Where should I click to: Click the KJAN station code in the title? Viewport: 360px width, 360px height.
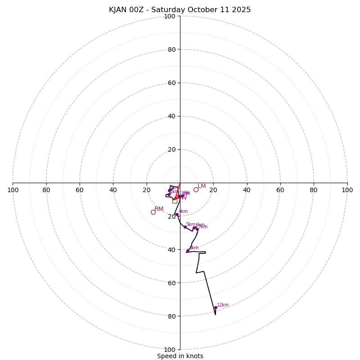pos(118,10)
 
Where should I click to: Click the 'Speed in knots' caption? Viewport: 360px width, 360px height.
pos(180,356)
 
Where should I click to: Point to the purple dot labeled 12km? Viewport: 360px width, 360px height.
pos(216,308)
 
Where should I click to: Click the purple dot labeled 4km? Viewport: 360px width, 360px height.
pos(177,215)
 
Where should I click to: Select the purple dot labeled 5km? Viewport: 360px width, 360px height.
pos(185,227)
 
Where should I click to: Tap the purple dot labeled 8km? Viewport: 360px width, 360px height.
pos(188,251)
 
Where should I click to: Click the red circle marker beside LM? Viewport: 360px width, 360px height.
pos(196,189)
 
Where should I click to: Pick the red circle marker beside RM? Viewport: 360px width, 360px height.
pos(153,212)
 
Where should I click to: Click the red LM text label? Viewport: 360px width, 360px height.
pos(202,186)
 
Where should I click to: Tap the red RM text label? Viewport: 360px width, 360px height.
pos(159,209)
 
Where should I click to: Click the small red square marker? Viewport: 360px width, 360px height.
pos(175,201)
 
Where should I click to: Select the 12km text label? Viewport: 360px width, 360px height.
pos(223,305)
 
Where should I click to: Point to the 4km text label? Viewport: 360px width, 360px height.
pos(183,211)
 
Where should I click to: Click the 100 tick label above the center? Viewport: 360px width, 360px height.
pos(170,16)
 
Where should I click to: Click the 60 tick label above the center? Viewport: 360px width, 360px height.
pos(171,83)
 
